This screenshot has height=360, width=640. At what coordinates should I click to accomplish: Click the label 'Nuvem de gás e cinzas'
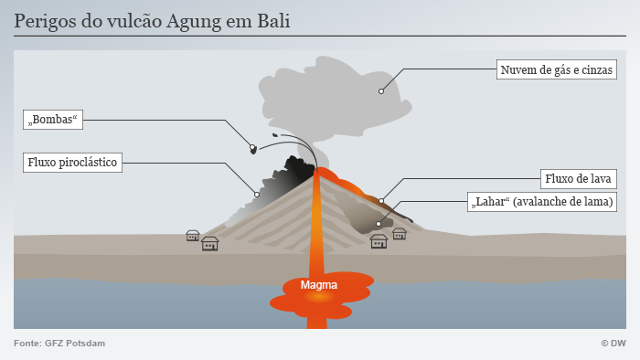pyautogui.click(x=556, y=69)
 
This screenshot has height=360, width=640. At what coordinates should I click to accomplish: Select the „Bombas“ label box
pyautogui.click(x=53, y=120)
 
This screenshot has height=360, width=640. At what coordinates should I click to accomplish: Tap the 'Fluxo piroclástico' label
pyautogui.click(x=72, y=163)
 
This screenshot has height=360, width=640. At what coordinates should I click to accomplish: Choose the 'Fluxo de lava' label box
pyautogui.click(x=579, y=179)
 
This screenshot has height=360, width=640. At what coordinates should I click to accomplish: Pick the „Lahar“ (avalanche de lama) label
pyautogui.click(x=542, y=202)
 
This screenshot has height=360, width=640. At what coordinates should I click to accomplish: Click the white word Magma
pyautogui.click(x=319, y=284)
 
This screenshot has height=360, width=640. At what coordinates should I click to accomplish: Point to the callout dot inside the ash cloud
pyautogui.click(x=381, y=91)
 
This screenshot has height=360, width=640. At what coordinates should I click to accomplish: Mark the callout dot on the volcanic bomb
pyautogui.click(x=252, y=147)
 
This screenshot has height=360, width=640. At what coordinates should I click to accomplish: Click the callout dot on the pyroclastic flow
pyautogui.click(x=257, y=195)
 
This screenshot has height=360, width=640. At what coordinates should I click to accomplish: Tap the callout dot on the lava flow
pyautogui.click(x=381, y=201)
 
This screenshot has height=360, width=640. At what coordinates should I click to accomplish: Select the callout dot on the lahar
pyautogui.click(x=379, y=224)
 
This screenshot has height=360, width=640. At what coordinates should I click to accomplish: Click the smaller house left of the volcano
pyautogui.click(x=193, y=236)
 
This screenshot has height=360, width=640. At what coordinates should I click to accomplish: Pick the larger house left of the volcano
pyautogui.click(x=209, y=244)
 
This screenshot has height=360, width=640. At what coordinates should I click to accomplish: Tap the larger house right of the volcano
pyautogui.click(x=379, y=241)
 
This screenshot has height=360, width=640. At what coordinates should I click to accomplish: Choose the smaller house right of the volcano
pyautogui.click(x=400, y=234)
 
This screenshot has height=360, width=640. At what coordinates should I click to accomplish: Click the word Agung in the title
pyautogui.click(x=194, y=22)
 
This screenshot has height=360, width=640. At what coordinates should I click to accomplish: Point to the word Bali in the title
pyautogui.click(x=273, y=21)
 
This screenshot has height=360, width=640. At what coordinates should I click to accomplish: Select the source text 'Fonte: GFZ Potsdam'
pyautogui.click(x=59, y=344)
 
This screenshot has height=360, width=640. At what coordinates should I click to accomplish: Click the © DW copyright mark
pyautogui.click(x=613, y=344)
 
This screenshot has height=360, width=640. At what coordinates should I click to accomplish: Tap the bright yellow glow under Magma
pyautogui.click(x=319, y=297)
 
